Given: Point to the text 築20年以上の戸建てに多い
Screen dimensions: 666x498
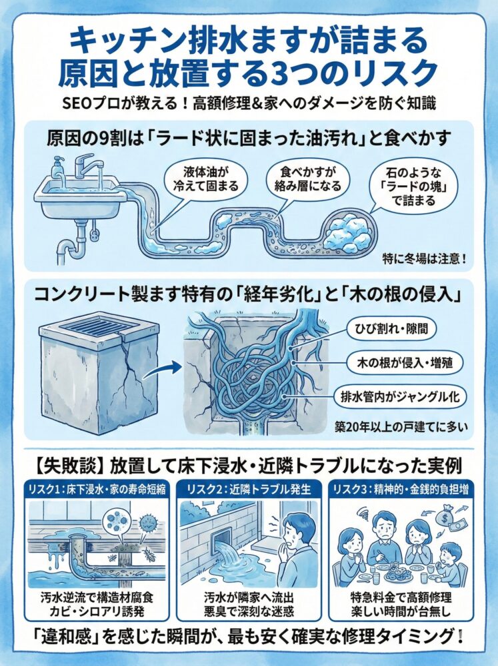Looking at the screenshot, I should click(x=394, y=427).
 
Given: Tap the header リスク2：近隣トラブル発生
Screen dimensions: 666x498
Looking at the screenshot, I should click(x=249, y=488).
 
